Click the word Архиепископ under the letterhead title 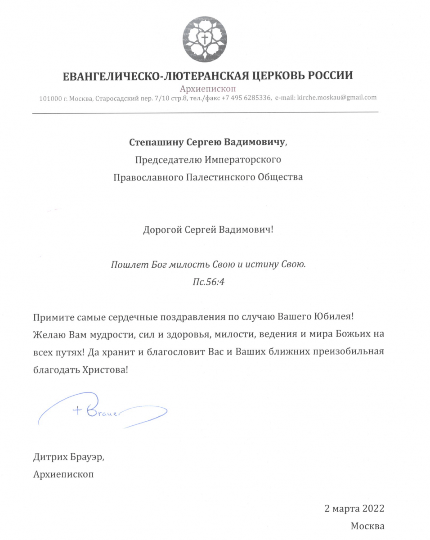(x=207, y=89)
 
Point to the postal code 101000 (x=50, y=98)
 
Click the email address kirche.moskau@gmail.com (x=337, y=97)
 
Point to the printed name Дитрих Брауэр (x=71, y=457)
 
